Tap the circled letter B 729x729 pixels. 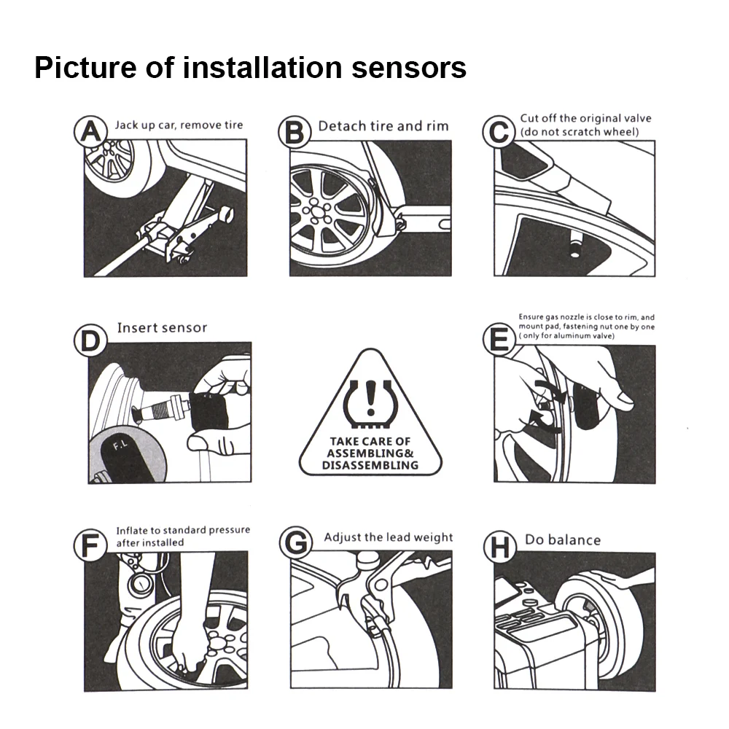point(294,134)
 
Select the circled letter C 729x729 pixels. point(499,133)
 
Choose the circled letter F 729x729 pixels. point(90,546)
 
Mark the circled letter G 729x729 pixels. point(295,546)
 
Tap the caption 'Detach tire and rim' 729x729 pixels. point(383,126)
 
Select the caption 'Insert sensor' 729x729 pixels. point(162,328)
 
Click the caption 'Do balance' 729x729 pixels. point(563,540)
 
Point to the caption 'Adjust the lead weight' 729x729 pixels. point(389,537)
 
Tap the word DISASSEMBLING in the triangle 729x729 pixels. point(371,464)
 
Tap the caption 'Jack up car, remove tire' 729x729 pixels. point(179,125)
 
